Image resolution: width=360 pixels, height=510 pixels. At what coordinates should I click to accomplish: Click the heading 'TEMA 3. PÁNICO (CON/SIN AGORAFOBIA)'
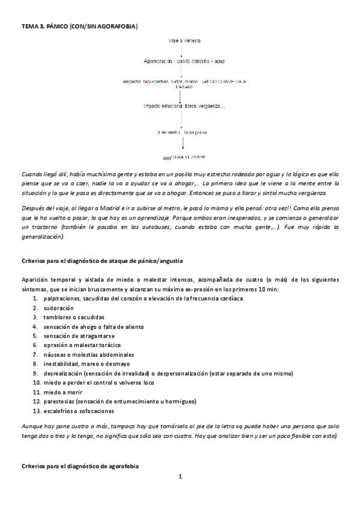tap(79, 26)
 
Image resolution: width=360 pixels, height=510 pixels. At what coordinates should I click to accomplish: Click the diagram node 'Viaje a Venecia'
tap(185, 40)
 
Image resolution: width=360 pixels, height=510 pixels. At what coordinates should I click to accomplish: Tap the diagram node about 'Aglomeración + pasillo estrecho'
tap(185, 61)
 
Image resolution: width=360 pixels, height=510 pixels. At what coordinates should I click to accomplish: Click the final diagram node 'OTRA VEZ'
tap(188, 158)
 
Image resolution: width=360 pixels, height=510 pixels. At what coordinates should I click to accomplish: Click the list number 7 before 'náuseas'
tap(35, 354)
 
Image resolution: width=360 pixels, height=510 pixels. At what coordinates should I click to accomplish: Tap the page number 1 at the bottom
tap(180, 477)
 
